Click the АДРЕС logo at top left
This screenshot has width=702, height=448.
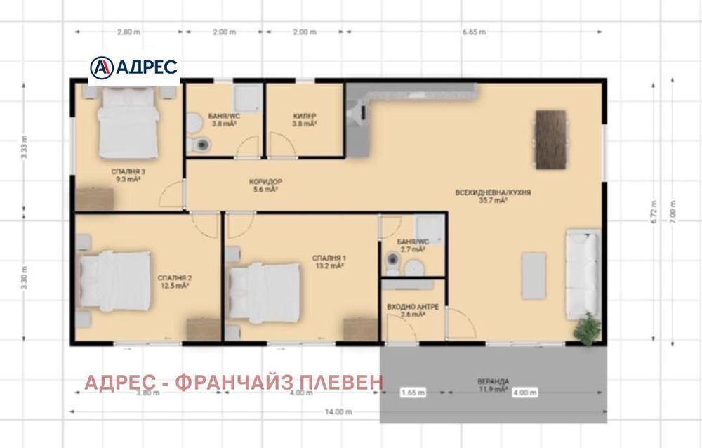coord(133,67)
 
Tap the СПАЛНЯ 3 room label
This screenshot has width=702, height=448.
coord(128,175)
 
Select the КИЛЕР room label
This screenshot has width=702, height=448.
coord(305,119)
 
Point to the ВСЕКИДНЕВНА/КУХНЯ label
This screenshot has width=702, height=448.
coord(493,196)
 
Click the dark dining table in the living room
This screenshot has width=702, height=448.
coord(550,138)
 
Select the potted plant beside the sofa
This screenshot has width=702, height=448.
coord(587,329)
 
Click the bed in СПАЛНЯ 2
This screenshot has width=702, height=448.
coord(115,280)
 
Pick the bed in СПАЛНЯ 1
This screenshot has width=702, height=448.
coord(266,289)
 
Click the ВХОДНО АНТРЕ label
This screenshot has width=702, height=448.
coord(413,311)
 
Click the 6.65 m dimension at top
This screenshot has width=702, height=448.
coord(474,32)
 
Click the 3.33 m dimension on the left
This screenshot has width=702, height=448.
coord(25,149)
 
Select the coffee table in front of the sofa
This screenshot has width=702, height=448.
coord(533,275)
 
